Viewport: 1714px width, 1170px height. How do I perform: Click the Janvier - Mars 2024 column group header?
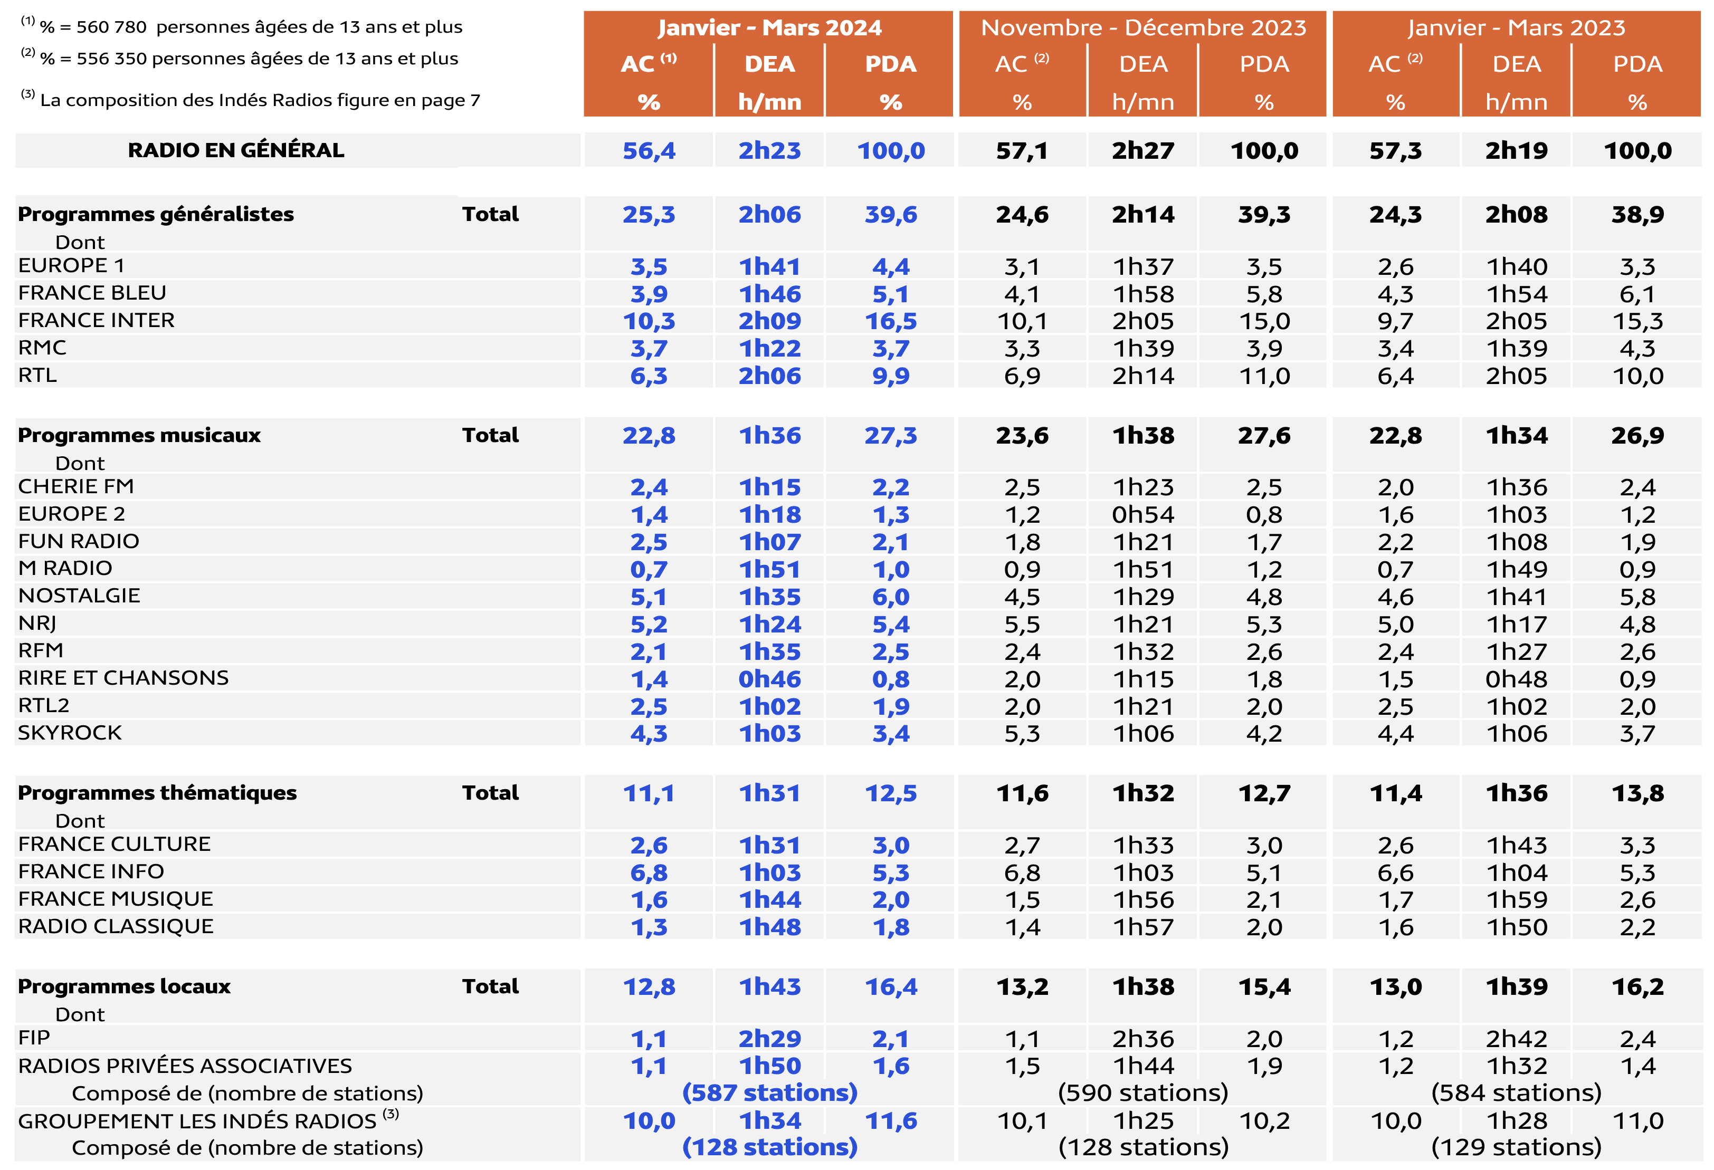(x=769, y=28)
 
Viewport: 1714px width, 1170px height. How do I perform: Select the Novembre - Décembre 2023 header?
(x=1143, y=28)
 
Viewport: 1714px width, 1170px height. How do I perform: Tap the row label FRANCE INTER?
(x=97, y=321)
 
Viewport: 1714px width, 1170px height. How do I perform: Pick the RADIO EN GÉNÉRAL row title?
(x=236, y=150)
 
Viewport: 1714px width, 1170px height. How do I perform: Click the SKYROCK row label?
(x=70, y=733)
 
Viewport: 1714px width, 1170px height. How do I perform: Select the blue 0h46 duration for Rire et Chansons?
(x=769, y=679)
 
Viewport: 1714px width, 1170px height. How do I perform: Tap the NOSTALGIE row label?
(x=79, y=596)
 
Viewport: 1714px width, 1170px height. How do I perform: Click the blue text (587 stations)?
(x=769, y=1092)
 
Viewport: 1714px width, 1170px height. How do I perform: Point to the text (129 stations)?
(x=1516, y=1147)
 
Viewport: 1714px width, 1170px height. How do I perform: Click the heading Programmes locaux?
(x=124, y=986)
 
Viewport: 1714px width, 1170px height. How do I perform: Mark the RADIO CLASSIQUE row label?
(x=116, y=927)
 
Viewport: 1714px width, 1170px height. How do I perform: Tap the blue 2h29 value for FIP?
(x=769, y=1039)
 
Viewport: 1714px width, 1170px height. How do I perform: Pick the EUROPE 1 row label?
(x=72, y=265)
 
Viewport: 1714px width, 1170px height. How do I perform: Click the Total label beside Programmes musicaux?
(x=490, y=435)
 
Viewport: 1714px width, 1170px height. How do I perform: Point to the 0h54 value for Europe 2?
(x=1143, y=515)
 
